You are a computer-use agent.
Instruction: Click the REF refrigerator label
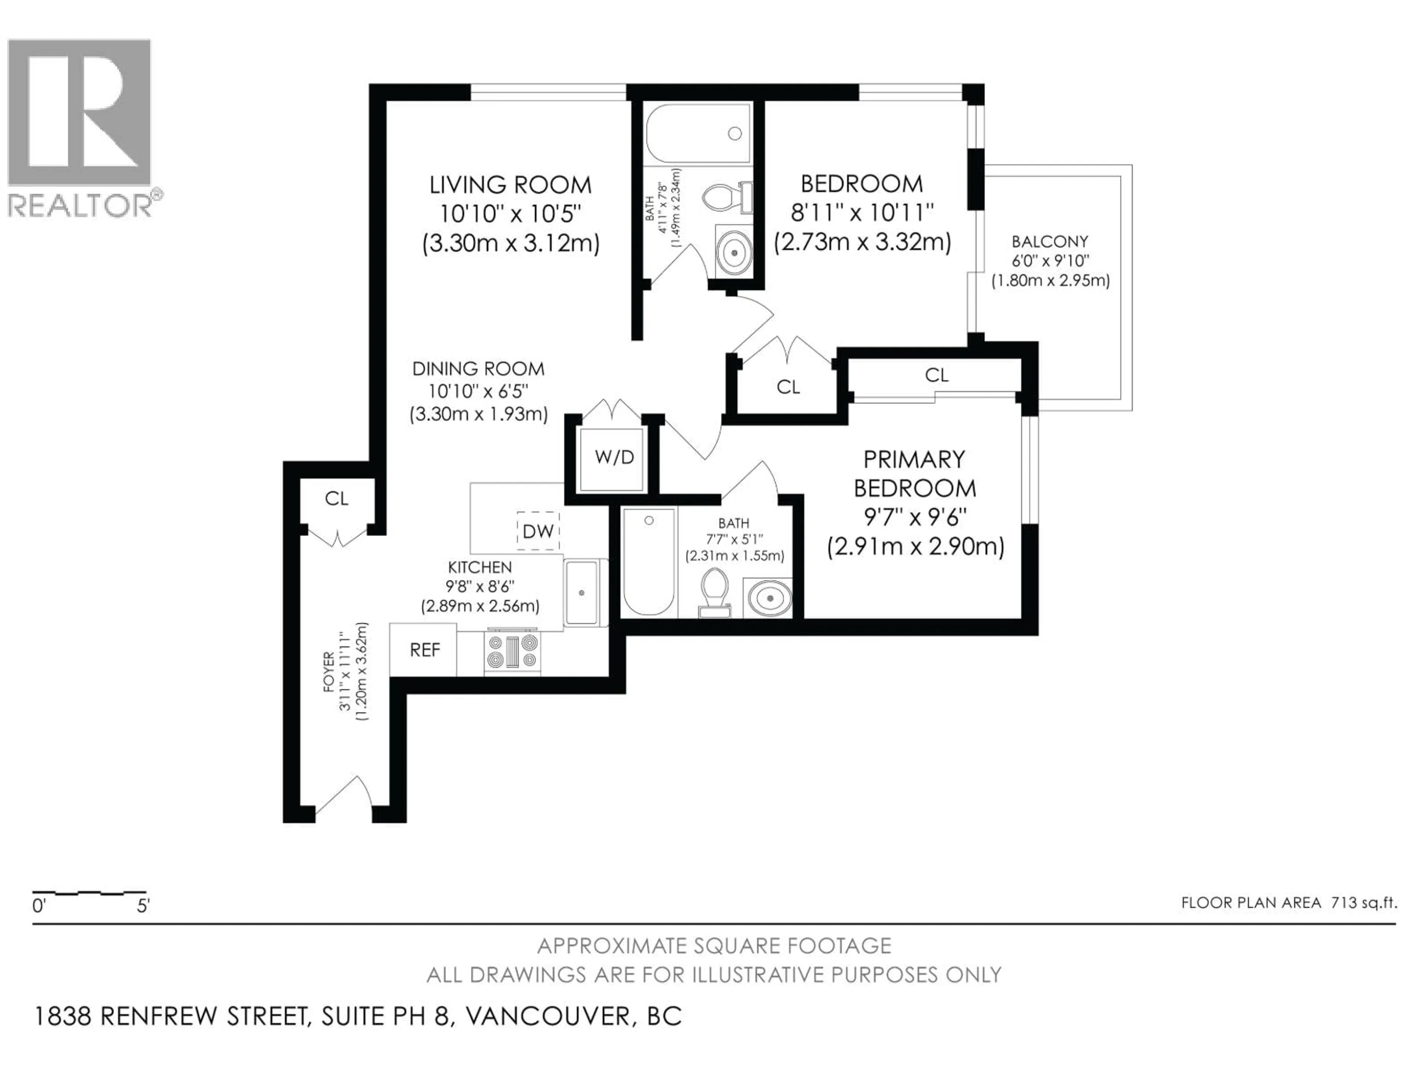point(425,650)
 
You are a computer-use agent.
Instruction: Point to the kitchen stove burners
point(512,652)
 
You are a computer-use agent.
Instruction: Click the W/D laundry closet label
point(615,458)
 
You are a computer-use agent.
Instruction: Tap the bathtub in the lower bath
point(649,562)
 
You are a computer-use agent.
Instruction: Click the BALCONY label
point(1050,241)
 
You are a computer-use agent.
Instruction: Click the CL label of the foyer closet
point(336,498)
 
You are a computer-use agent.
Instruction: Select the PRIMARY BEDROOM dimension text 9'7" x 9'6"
point(916,517)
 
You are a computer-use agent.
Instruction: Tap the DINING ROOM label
point(478,369)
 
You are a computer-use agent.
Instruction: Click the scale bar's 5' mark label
point(143,906)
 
